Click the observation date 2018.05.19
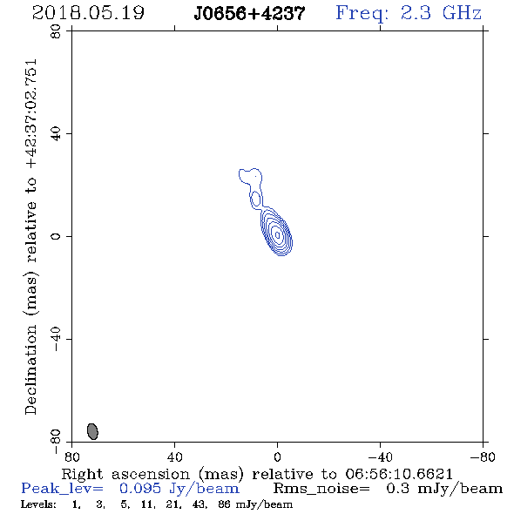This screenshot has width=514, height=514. [x=88, y=13]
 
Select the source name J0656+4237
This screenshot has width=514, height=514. [x=249, y=14]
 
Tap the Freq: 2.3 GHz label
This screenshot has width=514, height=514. [x=409, y=13]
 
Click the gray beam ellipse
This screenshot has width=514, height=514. [x=92, y=431]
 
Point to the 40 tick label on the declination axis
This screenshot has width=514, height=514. [x=56, y=134]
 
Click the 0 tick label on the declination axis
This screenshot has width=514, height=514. [x=56, y=236]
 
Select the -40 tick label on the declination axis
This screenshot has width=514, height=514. [x=56, y=339]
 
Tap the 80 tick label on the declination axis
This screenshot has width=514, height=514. [x=56, y=31]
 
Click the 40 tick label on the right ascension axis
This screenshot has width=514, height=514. [x=174, y=457]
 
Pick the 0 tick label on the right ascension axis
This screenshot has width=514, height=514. [x=277, y=457]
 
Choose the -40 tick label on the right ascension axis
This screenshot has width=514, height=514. [x=380, y=457]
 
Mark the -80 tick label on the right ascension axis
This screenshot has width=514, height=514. [x=483, y=457]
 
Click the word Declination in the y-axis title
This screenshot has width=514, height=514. [x=30, y=369]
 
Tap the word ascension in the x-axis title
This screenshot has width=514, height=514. [x=151, y=474]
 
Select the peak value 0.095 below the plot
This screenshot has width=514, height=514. [x=140, y=489]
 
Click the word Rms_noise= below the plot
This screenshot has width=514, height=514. [x=321, y=489]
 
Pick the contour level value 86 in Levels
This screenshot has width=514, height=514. [x=224, y=504]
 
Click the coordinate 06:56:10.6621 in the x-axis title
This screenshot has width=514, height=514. [x=399, y=474]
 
